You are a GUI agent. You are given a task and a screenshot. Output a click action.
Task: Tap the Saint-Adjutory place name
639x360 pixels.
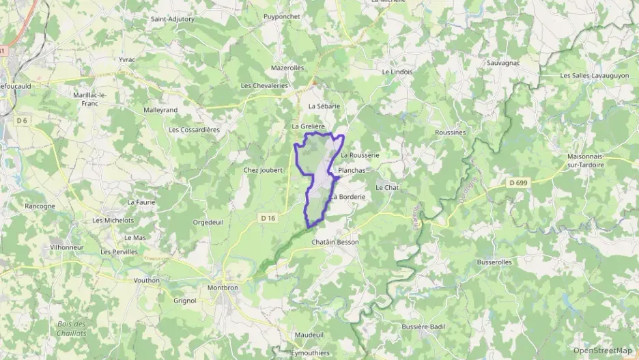[x=173, y=19]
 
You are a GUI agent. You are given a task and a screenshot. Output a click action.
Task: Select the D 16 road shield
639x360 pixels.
[x=268, y=218]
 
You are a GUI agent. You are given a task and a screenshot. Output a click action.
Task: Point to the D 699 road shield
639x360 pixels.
[x=520, y=182]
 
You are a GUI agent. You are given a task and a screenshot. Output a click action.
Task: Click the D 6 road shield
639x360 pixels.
[x=21, y=120]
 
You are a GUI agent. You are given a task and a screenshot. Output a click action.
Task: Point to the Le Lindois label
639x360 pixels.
[x=397, y=71]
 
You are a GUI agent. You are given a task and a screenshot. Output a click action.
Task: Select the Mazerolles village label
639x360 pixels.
[x=287, y=68]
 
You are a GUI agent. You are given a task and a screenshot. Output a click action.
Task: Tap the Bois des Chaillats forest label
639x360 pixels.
[x=72, y=328]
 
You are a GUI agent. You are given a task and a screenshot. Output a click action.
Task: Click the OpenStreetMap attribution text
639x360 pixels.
[x=602, y=350]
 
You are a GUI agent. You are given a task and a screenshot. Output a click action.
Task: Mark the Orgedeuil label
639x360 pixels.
[x=208, y=222]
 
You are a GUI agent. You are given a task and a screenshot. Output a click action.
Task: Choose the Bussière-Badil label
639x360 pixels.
[x=423, y=327]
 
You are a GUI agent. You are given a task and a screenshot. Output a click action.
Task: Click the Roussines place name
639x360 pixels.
[x=451, y=133]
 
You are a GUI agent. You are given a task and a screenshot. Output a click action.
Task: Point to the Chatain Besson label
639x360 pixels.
[x=335, y=243]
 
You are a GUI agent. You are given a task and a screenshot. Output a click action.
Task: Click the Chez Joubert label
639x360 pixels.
[x=263, y=170]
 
